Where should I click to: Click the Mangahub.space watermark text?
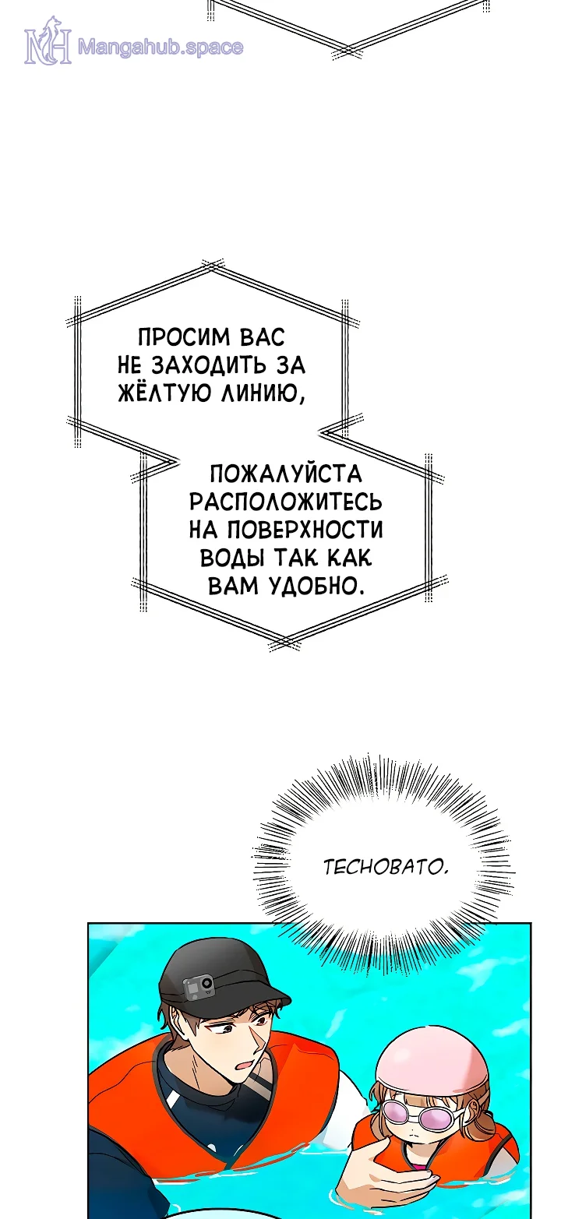(161, 48)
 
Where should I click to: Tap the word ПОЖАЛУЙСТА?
(286, 474)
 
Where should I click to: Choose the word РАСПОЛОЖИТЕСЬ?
(286, 501)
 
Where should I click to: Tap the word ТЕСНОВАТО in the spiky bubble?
(385, 866)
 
